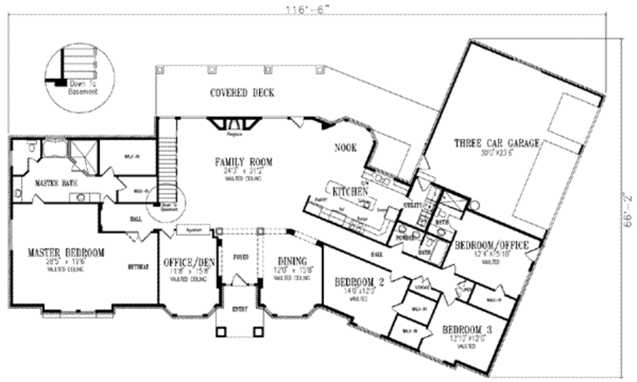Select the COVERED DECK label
242,93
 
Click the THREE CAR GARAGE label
497,142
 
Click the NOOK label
345,148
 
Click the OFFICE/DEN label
188,262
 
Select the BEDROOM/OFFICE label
491,245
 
